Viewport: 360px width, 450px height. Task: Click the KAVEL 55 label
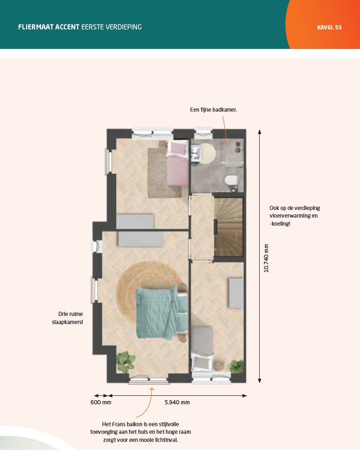click(x=329, y=28)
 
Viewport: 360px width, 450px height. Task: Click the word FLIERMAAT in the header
click(x=36, y=27)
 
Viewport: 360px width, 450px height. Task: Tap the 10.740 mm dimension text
click(x=266, y=258)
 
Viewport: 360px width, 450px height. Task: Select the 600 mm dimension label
click(x=101, y=402)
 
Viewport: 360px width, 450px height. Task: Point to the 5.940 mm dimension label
click(x=177, y=402)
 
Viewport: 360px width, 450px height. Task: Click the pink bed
click(x=178, y=164)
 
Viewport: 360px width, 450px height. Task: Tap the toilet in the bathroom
click(x=232, y=181)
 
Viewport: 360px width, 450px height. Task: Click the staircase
click(x=229, y=227)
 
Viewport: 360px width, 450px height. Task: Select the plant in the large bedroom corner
click(x=126, y=362)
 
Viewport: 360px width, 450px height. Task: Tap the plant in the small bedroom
click(x=236, y=366)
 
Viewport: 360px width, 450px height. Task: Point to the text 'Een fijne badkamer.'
click(x=214, y=110)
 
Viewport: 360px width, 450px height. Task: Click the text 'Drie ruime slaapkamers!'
click(x=68, y=318)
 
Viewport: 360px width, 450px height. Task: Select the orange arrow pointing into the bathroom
click(x=225, y=131)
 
